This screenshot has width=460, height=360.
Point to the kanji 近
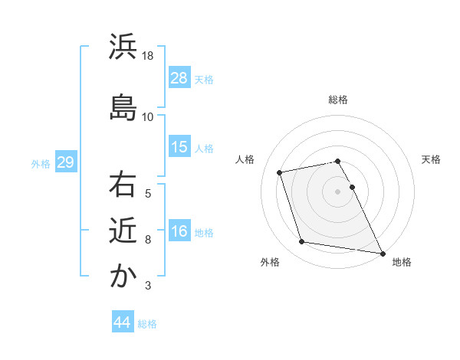tap(123, 231)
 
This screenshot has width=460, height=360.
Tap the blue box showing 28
tap(179, 77)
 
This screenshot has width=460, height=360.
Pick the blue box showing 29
tap(65, 162)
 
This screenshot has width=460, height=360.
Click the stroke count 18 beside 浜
tap(148, 56)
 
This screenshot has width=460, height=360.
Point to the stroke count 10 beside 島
tap(148, 117)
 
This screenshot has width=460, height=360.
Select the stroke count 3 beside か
tap(148, 286)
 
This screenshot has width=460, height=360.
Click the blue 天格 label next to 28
tap(204, 79)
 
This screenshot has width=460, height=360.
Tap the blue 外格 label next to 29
tap(41, 163)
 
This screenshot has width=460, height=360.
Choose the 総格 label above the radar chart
tap(338, 100)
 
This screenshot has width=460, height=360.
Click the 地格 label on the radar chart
tap(402, 263)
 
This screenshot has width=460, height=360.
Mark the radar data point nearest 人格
tap(280, 172)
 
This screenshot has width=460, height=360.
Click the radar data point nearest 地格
tap(382, 252)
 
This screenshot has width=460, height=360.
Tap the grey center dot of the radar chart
tap(338, 191)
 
